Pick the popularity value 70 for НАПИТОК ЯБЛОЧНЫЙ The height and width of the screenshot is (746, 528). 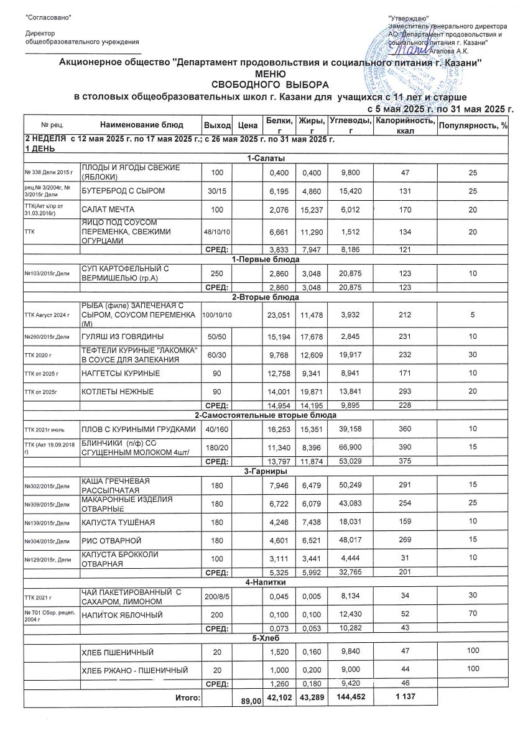tap(473, 614)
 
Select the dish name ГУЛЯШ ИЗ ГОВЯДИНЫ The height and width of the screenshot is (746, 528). tap(118, 336)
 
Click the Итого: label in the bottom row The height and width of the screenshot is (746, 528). tap(188, 698)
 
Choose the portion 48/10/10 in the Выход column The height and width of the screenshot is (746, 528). tap(216, 232)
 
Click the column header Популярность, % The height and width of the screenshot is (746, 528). tap(473, 126)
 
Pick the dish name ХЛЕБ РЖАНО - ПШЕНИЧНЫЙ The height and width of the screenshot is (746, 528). tap(134, 670)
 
